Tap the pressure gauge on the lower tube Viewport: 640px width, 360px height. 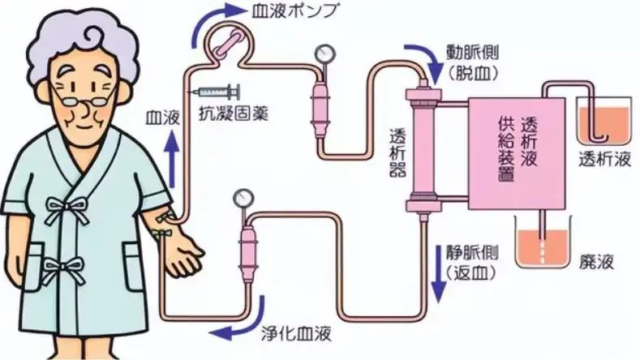point(242,198)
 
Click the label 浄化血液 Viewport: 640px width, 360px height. point(302,332)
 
